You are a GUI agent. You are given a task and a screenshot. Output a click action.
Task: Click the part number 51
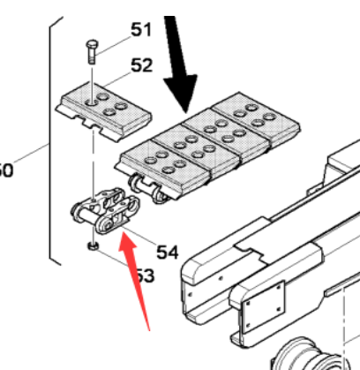coord(140,30)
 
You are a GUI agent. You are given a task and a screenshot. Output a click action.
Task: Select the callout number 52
coord(140,65)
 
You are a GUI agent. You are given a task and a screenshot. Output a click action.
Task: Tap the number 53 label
coord(143,276)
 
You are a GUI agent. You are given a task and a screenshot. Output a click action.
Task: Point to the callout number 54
coord(167,252)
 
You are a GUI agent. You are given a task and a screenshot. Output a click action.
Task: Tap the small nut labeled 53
coord(92,246)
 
